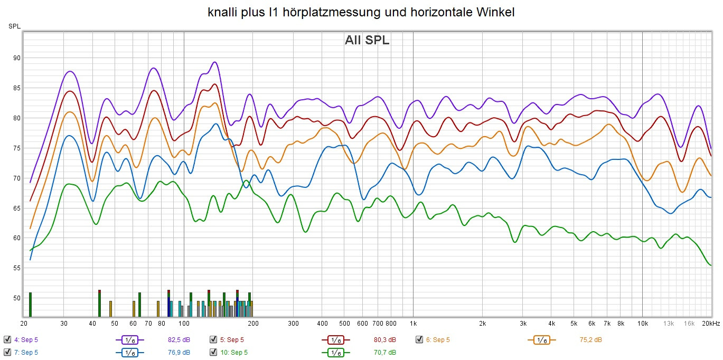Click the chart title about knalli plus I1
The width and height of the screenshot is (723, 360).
(361, 12)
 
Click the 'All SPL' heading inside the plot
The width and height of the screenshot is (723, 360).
(367, 40)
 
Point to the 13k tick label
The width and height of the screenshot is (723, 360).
(669, 324)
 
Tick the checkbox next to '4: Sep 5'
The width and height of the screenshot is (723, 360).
(7, 339)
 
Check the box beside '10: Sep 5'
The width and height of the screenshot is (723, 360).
(213, 352)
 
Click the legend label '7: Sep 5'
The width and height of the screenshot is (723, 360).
(26, 352)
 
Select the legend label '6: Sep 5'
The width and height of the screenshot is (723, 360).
(438, 339)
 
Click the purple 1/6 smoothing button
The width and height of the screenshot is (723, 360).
(129, 340)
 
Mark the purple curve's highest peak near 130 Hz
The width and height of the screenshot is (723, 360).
(214, 62)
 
